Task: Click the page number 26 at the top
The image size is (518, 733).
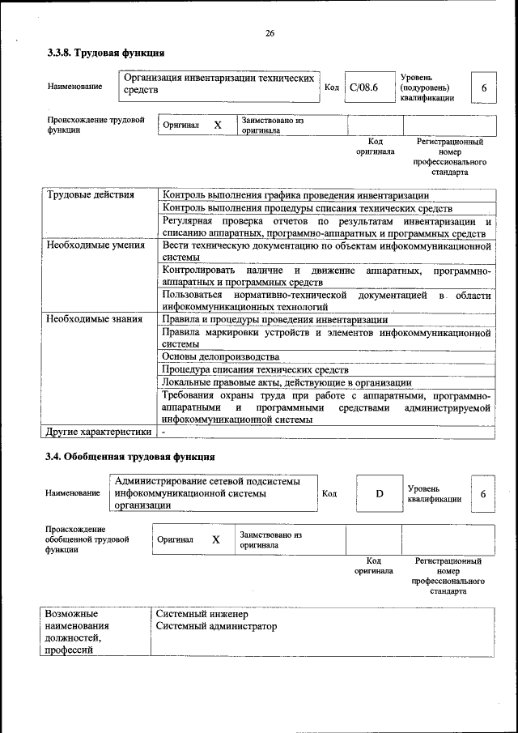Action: point(270,33)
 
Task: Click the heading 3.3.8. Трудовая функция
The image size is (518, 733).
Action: point(105,53)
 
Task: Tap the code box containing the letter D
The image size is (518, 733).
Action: point(379,493)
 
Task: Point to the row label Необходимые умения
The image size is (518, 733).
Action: point(95,245)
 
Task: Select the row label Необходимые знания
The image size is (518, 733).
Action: point(93,318)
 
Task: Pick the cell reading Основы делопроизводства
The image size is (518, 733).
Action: point(220,356)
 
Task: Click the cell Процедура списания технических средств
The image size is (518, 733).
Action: point(255,369)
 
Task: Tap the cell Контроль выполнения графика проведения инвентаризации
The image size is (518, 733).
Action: point(295,195)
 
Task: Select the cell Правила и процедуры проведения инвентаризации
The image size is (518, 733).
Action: point(274,319)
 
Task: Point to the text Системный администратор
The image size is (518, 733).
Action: point(216,627)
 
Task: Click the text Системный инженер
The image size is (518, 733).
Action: point(202,614)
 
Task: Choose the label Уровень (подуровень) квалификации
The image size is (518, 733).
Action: point(427,87)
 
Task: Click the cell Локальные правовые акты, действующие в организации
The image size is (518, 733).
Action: point(287,382)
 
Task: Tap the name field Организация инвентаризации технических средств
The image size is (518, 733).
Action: point(219,85)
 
